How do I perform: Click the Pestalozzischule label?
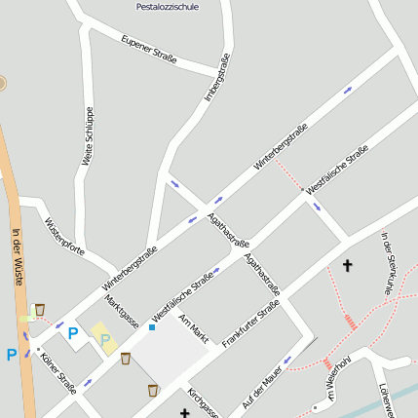(x=169, y=6)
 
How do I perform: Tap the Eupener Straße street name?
(x=149, y=51)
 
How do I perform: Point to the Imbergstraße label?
(x=217, y=77)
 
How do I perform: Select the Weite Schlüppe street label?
(x=88, y=134)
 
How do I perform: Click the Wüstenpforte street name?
(x=64, y=236)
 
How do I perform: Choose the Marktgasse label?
(x=122, y=312)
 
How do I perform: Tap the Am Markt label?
(x=194, y=328)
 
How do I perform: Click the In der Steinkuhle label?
(x=387, y=262)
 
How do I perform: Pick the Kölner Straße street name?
(x=58, y=372)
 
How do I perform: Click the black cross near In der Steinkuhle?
(x=347, y=265)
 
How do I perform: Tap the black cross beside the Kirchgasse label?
(x=184, y=413)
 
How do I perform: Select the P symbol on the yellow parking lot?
(x=104, y=340)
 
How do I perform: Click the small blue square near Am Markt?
(x=152, y=327)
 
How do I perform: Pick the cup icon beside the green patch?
(x=39, y=310)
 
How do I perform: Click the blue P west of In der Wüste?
(x=11, y=355)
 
